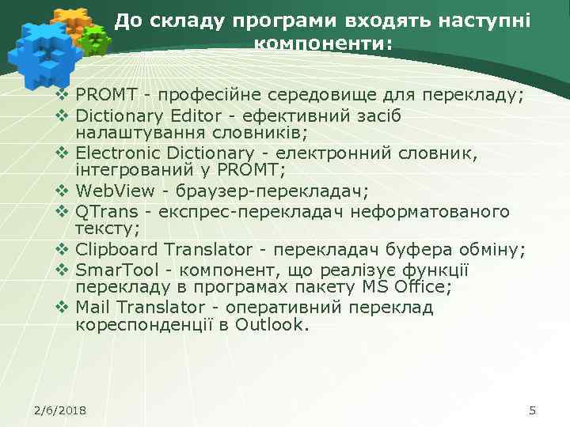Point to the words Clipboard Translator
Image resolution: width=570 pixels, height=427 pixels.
[163, 250]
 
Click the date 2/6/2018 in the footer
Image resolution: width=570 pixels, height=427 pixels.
[60, 410]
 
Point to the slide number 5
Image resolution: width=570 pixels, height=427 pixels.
[532, 410]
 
